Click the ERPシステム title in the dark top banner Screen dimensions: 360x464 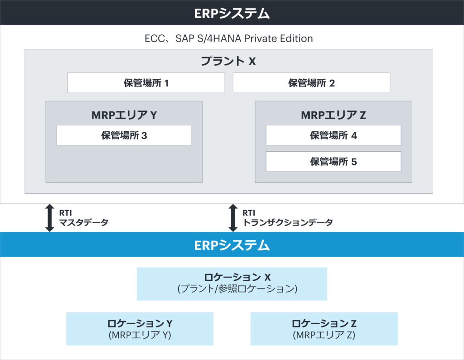pos(232,13)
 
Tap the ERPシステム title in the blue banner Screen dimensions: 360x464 pos(232,245)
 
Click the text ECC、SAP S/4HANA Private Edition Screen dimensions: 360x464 pos(229,38)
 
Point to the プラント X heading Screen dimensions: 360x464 pos(228,61)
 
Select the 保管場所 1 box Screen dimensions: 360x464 pos(146,83)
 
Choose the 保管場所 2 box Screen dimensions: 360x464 pos(311,83)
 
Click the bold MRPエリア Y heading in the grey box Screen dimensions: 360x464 pos(124,115)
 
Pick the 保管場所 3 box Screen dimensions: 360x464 pos(124,135)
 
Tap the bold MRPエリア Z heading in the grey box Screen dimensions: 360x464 pos(333,115)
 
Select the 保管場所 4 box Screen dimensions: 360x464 pos(333,135)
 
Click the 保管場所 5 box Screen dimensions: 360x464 pos(333,161)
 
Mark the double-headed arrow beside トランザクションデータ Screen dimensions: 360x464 pos(233,218)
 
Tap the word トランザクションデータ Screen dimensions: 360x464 pos(288,222)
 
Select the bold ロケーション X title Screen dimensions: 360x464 pos(232,277)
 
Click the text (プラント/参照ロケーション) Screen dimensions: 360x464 pos(232,288)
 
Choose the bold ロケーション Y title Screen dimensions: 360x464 pos(140,323)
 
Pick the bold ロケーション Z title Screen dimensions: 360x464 pos(324,323)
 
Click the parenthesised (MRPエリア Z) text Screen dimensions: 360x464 pos(324,335)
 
